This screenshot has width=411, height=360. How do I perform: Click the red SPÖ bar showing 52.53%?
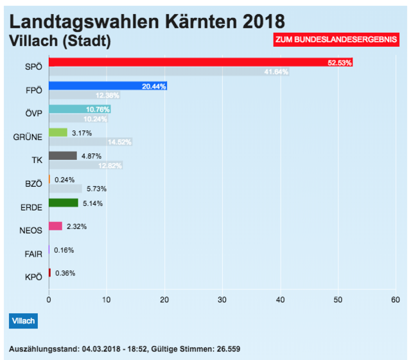(200, 62)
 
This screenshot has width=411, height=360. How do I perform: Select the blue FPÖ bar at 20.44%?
(107, 85)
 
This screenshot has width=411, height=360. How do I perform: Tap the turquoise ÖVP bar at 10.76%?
(80, 109)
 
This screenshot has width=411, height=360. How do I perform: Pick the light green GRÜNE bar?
(58, 132)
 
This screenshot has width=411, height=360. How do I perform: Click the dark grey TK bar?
(62, 156)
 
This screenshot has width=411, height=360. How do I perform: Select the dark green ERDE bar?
(63, 203)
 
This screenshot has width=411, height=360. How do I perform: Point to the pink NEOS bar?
(55, 226)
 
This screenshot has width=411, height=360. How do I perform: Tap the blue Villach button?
(24, 320)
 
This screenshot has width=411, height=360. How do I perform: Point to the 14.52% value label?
(119, 142)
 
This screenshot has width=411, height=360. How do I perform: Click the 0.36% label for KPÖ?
(65, 273)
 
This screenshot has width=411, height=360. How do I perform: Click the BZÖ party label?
(32, 184)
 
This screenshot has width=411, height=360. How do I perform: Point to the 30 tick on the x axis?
(222, 300)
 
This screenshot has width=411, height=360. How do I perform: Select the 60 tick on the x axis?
(396, 300)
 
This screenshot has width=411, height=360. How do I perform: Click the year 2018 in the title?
(259, 21)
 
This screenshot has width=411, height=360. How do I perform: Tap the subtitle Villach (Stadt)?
(60, 41)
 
